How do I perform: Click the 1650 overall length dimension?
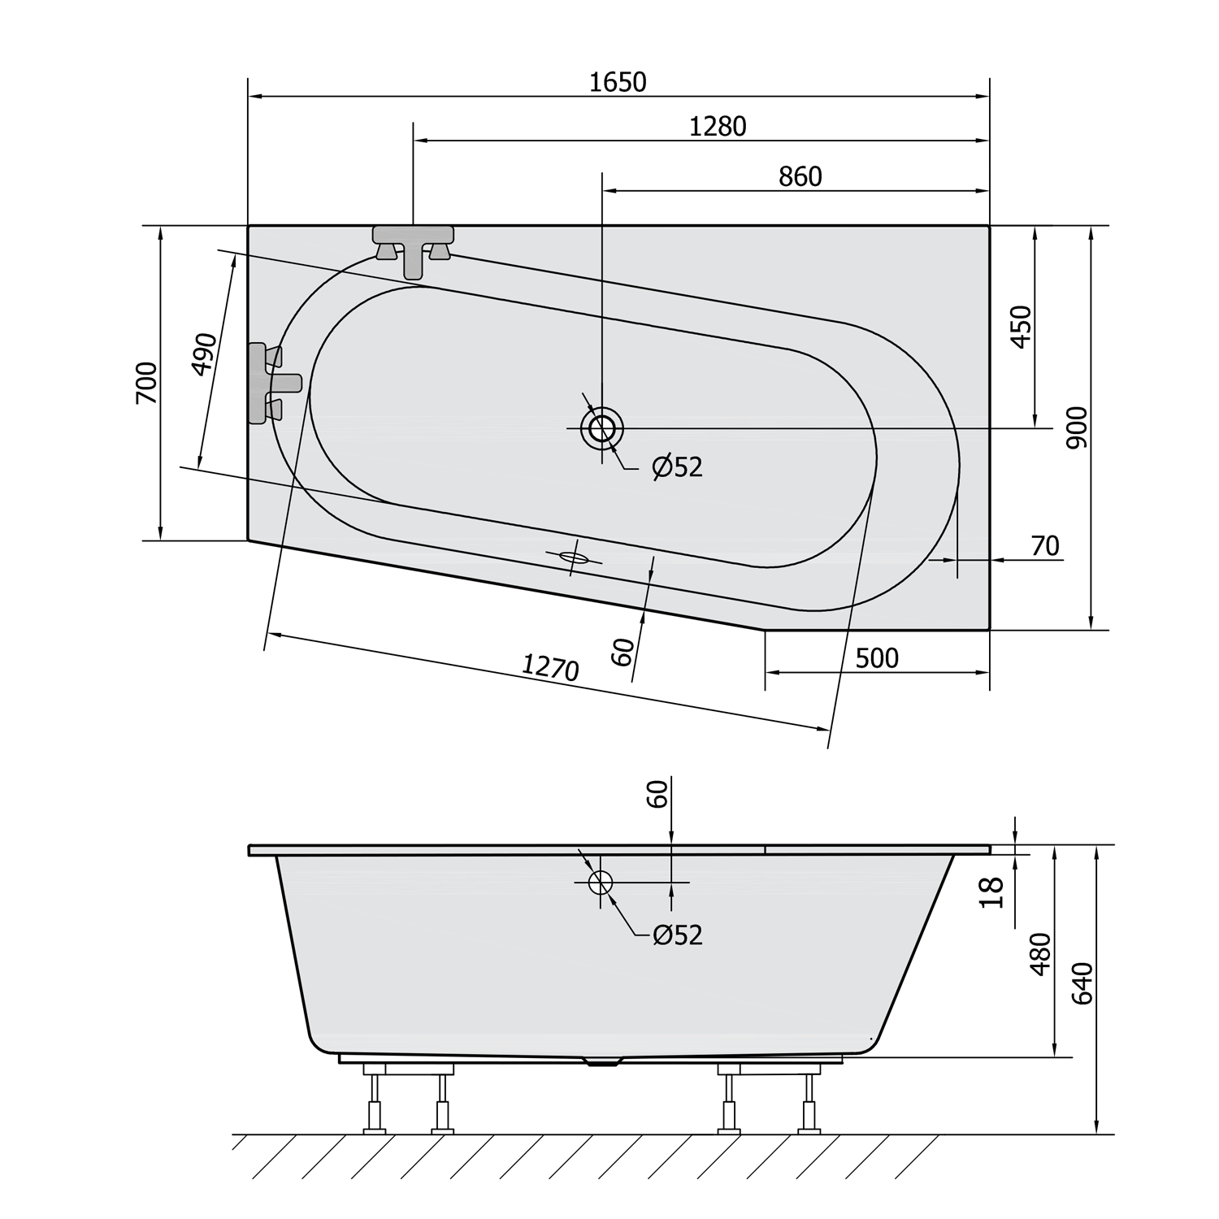(618, 82)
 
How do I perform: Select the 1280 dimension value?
(718, 127)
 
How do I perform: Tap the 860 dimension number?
(800, 177)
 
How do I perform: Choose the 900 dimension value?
(1077, 427)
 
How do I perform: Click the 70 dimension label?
(1045, 546)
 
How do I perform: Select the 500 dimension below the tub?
(877, 657)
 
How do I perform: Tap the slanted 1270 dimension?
(550, 667)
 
